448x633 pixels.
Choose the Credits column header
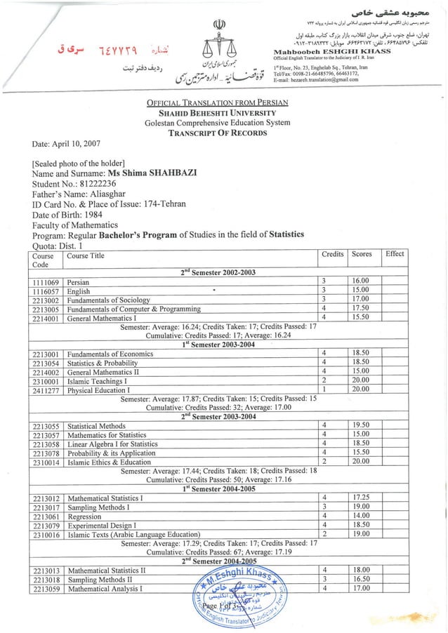[331, 254]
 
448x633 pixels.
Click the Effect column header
[395, 254]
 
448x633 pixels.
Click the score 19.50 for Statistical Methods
[360, 425]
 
